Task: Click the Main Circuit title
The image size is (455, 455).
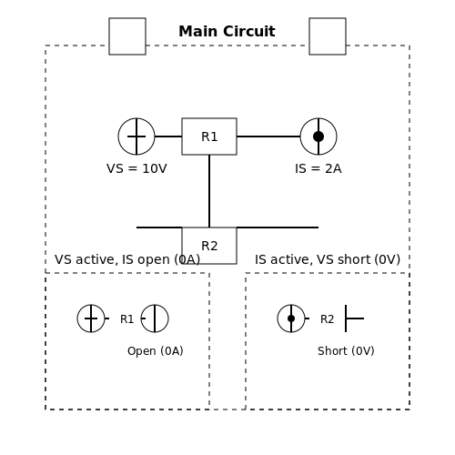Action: tap(227, 32)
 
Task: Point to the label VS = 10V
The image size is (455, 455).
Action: tap(136, 168)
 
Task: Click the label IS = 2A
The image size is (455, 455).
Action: tap(318, 168)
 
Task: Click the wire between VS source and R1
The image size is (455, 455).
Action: tap(168, 136)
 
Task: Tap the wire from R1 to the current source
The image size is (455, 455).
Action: tap(268, 136)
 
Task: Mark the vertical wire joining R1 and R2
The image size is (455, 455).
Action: tap(209, 191)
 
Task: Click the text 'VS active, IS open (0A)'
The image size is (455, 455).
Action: tap(127, 259)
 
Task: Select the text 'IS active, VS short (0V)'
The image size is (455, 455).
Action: tap(328, 259)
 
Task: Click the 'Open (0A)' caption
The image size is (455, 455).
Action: tap(156, 351)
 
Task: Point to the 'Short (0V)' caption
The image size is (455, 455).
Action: tap(346, 351)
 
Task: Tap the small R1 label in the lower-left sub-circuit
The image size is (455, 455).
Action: tap(126, 319)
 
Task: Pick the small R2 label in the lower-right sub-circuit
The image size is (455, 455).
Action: tap(327, 319)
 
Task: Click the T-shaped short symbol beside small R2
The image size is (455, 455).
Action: tap(346, 318)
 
